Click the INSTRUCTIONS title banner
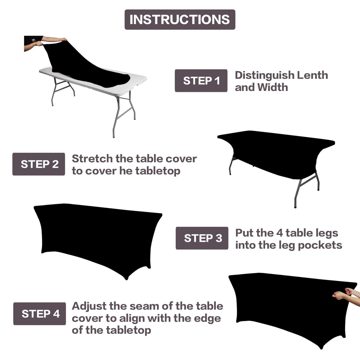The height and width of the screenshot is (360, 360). tap(180, 20)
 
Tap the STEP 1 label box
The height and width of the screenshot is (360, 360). tap(201, 81)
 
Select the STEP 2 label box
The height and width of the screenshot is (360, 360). tap(39, 164)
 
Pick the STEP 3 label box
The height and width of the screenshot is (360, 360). tap(202, 238)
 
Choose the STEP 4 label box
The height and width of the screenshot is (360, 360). tap(39, 314)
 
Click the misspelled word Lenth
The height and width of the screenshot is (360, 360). tap(312, 75)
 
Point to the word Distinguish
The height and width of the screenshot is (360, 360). tap(264, 75)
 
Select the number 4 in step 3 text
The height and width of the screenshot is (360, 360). tap(279, 233)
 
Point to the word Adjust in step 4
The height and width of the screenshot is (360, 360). tap(89, 306)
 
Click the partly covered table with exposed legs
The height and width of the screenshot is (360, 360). tap(276, 160)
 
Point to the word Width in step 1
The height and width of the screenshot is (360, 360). tap(273, 87)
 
